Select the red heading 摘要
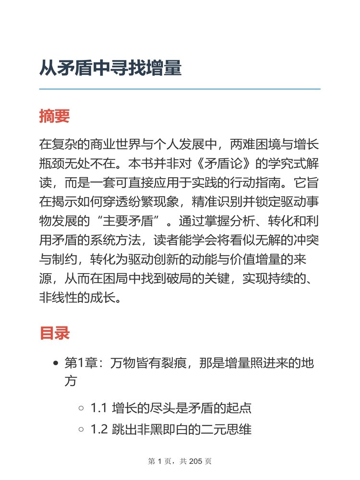coord(55,116)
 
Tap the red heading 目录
coord(55,333)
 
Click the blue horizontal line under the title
coord(180,89)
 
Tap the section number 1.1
coord(99,409)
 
